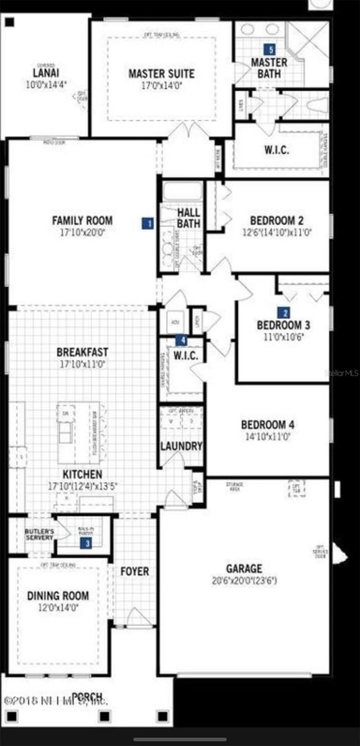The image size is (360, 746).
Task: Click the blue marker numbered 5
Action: click(x=269, y=48)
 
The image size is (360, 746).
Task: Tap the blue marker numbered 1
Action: click(x=147, y=223)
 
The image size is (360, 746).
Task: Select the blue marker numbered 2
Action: click(x=285, y=313)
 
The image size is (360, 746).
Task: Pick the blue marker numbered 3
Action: click(x=88, y=543)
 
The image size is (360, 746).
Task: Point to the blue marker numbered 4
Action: click(x=181, y=340)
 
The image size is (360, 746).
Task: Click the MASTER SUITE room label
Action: click(x=161, y=74)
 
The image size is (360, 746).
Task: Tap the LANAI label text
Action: click(x=45, y=72)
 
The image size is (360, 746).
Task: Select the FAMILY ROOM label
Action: click(x=82, y=220)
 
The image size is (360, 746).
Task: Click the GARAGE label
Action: click(x=244, y=568)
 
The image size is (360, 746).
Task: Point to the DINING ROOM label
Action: click(x=58, y=596)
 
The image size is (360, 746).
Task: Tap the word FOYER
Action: click(x=135, y=571)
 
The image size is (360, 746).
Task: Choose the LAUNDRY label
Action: click(x=181, y=446)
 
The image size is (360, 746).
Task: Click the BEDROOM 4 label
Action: click(x=267, y=425)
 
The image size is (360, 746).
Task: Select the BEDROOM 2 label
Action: click(x=277, y=221)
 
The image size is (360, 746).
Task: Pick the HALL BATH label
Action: click(x=188, y=218)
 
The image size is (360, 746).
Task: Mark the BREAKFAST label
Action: click(x=82, y=352)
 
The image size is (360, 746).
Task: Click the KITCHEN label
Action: click(x=82, y=474)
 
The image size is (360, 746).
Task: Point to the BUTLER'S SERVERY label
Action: click(x=39, y=535)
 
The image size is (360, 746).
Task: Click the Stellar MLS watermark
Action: click(x=342, y=374)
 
